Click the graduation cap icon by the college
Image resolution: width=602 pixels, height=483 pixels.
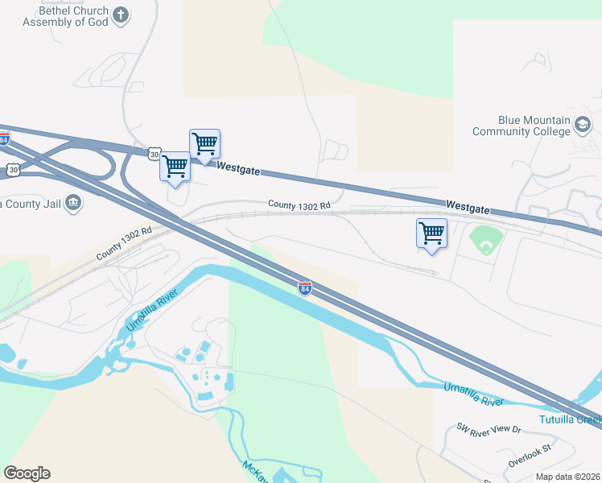583,125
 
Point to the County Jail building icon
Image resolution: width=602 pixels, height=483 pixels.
73,201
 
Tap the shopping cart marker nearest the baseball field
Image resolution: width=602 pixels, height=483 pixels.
431,233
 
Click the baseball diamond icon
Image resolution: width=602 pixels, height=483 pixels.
486,239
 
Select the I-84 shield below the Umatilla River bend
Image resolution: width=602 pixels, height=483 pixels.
305,287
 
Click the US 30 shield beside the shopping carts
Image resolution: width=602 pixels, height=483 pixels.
154,153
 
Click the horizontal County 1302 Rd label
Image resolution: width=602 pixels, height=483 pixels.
299,206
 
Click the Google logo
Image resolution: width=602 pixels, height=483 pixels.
27,473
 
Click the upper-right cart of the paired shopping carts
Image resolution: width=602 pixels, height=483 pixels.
204,144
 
